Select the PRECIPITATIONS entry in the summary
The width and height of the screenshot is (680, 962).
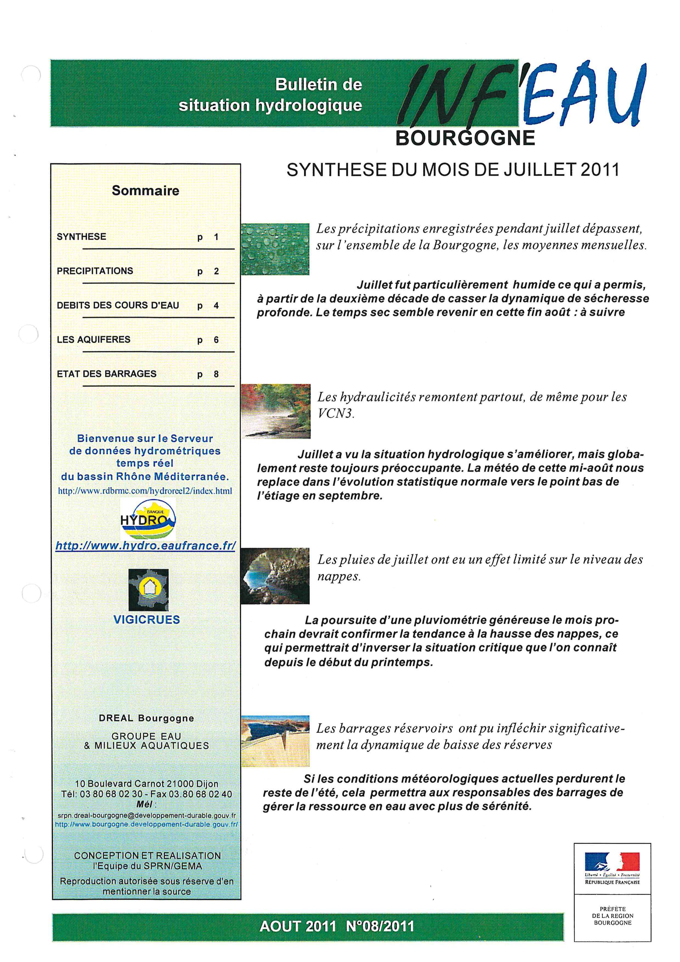[95, 271]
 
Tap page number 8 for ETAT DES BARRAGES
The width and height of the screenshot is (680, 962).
[216, 374]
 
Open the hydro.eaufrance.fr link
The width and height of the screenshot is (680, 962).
[145, 546]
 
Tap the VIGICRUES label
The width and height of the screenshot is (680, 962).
[146, 620]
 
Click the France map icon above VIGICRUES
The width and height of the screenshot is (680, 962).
[148, 589]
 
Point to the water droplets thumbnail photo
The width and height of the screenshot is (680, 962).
[275, 249]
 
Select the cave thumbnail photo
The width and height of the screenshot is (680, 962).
[275, 576]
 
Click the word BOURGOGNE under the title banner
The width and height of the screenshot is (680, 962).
[465, 138]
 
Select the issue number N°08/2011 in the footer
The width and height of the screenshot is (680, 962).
[380, 926]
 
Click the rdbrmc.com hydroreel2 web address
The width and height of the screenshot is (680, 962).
[145, 491]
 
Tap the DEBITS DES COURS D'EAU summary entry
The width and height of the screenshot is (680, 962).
[118, 306]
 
